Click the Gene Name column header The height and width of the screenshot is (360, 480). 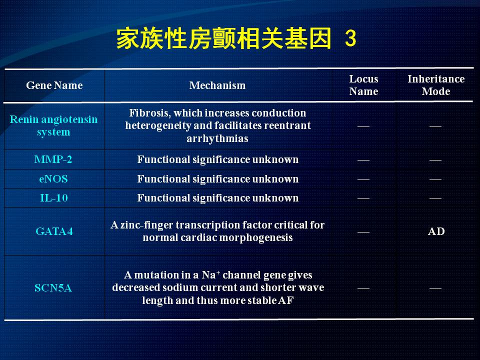tap(54, 85)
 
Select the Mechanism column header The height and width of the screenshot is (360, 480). tap(217, 85)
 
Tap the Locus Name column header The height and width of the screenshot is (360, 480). tap(363, 85)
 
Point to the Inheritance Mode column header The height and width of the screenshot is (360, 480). tap(436, 85)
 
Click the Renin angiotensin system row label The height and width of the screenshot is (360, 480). tap(53, 125)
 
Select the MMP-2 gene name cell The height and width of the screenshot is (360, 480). tap(53, 159)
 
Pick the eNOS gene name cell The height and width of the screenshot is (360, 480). tap(53, 179)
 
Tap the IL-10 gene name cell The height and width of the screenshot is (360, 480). tap(54, 198)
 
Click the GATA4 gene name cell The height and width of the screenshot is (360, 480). tap(54, 231)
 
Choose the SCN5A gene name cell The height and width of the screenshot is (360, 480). tap(53, 288)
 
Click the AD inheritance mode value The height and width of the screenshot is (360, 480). tap(436, 231)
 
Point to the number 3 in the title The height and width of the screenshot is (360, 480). tap(350, 38)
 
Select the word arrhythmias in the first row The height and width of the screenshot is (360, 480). tap(217, 138)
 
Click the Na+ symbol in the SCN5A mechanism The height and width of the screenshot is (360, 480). tap(211, 275)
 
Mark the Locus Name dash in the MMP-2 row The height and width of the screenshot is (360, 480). tap(363, 160)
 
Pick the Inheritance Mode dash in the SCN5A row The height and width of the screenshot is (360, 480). tap(435, 288)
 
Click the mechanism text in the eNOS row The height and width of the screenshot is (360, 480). tap(217, 179)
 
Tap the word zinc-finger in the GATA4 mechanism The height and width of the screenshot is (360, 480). tap(146, 225)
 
